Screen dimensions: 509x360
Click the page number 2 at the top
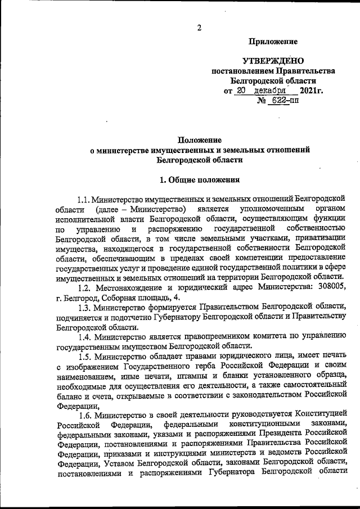click(x=198, y=29)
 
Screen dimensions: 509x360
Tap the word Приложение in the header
click(x=273, y=42)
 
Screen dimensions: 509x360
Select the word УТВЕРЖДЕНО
click(x=272, y=61)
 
